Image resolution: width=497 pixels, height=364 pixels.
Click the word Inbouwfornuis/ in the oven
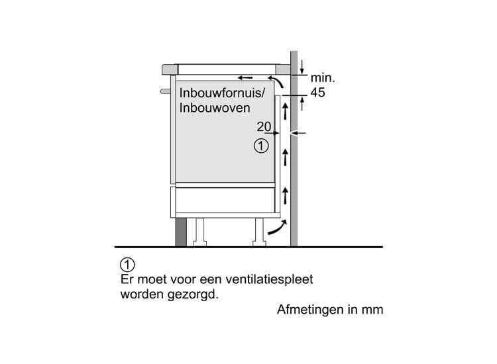click(x=222, y=93)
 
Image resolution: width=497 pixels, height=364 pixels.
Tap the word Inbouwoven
click(x=215, y=108)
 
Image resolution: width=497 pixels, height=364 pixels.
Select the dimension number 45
click(x=317, y=93)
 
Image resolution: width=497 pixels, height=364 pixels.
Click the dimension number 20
click(x=264, y=126)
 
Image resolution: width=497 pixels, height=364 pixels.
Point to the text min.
click(x=322, y=78)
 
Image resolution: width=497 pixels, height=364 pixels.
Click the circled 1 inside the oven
click(x=261, y=146)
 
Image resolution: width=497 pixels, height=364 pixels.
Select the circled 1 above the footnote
click(x=127, y=265)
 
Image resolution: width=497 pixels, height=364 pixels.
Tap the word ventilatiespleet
click(x=269, y=279)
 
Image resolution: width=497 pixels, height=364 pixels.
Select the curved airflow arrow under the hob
click(x=276, y=81)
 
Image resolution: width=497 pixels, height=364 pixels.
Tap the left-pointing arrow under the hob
click(x=245, y=77)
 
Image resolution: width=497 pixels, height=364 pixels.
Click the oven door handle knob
click(x=166, y=91)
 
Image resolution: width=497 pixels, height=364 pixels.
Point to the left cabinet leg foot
click(x=200, y=243)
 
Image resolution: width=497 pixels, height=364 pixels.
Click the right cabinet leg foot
click(x=259, y=243)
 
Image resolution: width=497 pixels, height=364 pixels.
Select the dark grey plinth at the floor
click(x=181, y=232)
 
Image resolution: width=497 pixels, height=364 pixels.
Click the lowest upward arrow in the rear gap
click(x=285, y=195)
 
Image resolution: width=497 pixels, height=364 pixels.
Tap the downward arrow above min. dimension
click(x=302, y=67)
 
